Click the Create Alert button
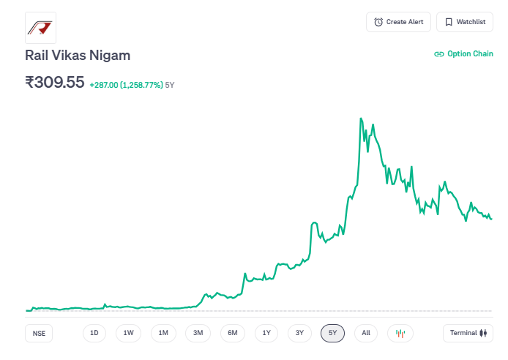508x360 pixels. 398,22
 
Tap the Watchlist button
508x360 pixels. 464,22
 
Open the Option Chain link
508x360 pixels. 463,53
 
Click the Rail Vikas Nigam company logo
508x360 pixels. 40,28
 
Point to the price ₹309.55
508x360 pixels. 55,82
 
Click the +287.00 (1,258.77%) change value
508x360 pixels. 126,85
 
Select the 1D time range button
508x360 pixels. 94,333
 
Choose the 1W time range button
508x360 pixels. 128,333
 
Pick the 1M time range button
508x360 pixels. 163,333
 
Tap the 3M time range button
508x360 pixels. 198,333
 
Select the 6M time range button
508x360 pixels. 232,333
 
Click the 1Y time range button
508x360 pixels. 266,333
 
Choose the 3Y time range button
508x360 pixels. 299,333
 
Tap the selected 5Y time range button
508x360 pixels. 332,333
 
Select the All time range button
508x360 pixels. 366,333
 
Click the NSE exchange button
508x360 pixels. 39,333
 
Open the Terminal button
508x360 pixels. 468,333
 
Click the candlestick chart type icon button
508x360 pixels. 400,333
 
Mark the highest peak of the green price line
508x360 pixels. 361,118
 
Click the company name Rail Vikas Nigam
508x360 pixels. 78,56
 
